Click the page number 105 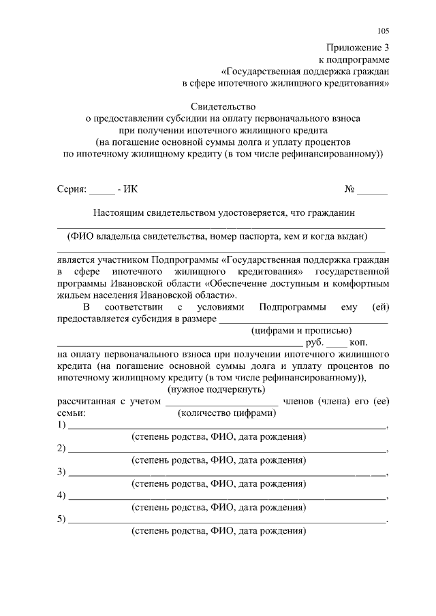(x=383, y=31)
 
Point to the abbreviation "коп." (x=362, y=342)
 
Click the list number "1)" (x=61, y=425)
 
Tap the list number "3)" (x=61, y=472)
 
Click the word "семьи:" (x=72, y=413)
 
